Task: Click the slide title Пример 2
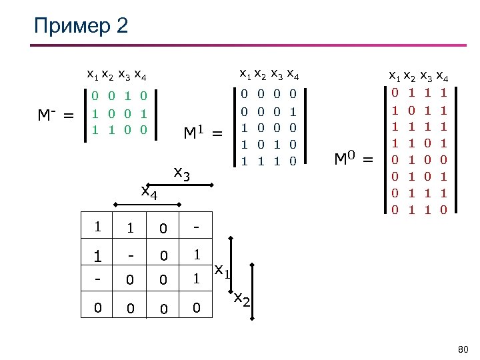[x=81, y=27]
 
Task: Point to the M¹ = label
[x=203, y=135]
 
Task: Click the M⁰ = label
[x=354, y=159]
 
